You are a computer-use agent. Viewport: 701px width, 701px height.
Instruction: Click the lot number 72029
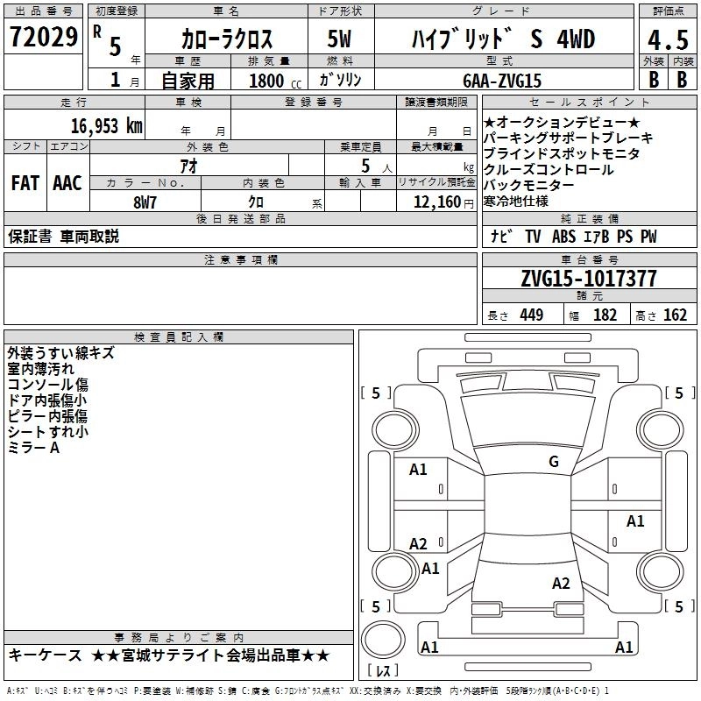[44, 37]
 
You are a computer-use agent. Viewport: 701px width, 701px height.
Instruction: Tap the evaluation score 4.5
[668, 39]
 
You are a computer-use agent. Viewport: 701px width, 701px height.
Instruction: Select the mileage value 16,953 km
[107, 126]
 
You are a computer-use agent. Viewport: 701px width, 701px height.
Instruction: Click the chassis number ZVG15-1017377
[589, 279]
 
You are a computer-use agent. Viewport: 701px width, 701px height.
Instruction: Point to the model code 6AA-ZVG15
[502, 81]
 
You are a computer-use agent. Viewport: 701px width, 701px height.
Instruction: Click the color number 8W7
[145, 202]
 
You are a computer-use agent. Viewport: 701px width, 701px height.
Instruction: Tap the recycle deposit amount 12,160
[437, 202]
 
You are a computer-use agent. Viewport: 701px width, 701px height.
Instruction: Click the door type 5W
[339, 39]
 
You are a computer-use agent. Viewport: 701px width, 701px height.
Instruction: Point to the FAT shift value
[25, 183]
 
